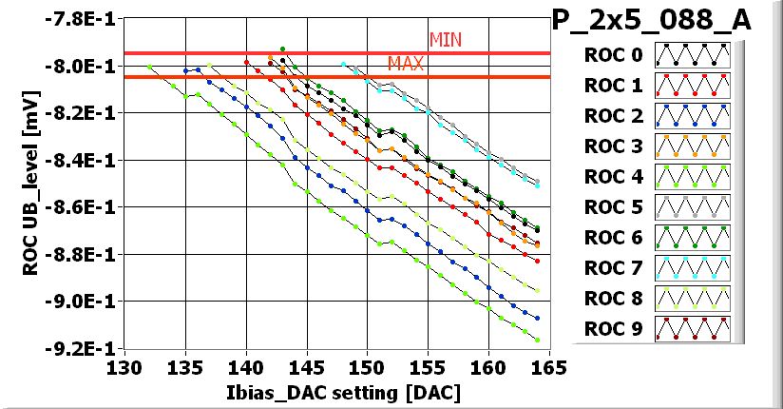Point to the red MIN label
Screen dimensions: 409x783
(446, 40)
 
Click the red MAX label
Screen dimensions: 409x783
(406, 64)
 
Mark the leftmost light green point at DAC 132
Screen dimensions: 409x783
(150, 67)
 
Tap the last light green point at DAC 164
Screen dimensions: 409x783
(537, 340)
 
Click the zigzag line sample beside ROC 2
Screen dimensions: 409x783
(692, 117)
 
